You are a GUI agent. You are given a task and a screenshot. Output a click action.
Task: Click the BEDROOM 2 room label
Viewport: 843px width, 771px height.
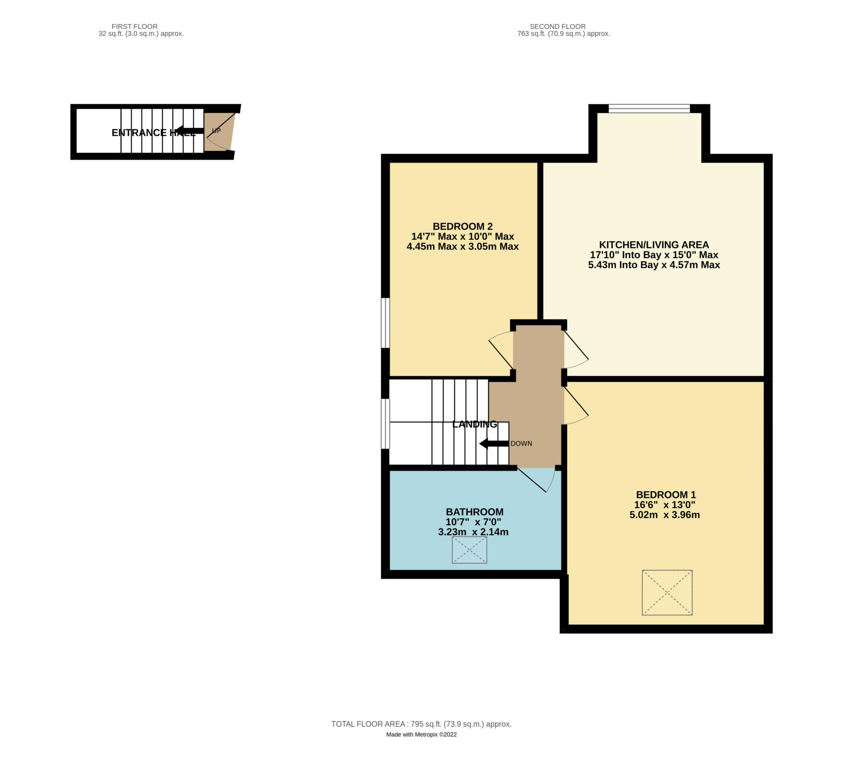point(463,227)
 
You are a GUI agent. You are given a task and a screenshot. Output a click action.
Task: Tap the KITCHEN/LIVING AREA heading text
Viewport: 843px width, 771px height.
point(654,245)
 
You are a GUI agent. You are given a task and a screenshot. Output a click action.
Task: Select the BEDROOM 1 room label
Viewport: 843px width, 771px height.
point(666,495)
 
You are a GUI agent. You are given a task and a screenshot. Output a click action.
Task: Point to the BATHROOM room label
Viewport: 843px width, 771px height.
point(475,512)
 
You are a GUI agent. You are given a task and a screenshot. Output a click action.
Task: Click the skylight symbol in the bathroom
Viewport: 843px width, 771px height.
point(469,550)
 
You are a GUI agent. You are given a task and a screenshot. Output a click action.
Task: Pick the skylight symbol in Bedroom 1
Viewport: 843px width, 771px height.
point(667,592)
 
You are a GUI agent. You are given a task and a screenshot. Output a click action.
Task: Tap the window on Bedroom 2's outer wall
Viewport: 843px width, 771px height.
point(385,323)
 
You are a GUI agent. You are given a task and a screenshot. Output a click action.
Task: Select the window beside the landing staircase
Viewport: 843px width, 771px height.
point(385,424)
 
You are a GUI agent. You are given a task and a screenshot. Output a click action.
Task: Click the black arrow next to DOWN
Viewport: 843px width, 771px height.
point(494,444)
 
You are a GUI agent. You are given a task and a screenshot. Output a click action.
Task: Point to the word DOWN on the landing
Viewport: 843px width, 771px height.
point(521,444)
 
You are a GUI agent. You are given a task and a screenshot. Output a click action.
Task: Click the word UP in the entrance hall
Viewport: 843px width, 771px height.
point(216,131)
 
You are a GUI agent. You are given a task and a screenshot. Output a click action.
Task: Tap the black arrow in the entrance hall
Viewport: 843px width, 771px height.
point(189,131)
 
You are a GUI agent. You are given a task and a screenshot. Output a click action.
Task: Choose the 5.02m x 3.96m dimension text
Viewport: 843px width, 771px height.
point(665,515)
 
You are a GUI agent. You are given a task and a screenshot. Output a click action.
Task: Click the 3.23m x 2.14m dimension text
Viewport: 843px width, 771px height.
point(473,532)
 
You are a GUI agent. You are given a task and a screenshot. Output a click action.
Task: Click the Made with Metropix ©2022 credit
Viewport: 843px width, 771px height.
point(421,735)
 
